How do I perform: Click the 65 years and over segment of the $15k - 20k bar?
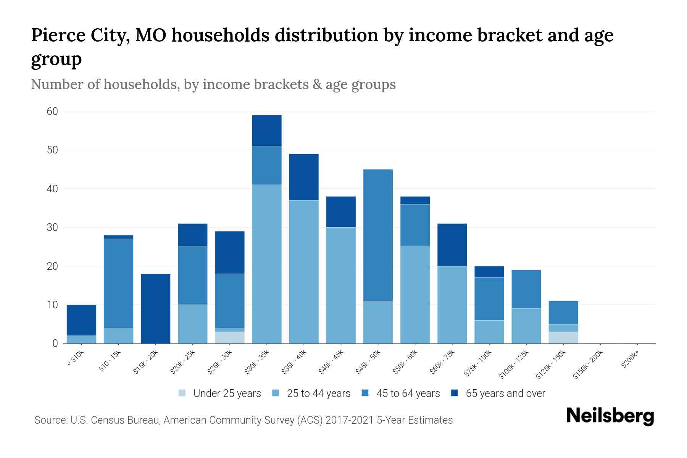pyautogui.click(x=155, y=308)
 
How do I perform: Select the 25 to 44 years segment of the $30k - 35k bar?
pyautogui.click(x=267, y=264)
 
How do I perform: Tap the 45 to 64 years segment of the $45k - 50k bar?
pyautogui.click(x=378, y=235)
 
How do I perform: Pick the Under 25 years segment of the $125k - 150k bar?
pyautogui.click(x=563, y=338)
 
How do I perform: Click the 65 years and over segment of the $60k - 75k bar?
pyautogui.click(x=452, y=245)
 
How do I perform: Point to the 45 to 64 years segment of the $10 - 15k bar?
pyautogui.click(x=118, y=283)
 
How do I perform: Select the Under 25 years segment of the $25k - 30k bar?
pyautogui.click(x=230, y=338)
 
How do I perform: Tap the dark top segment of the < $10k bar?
pyautogui.click(x=81, y=320)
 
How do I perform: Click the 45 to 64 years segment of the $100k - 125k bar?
pyautogui.click(x=526, y=289)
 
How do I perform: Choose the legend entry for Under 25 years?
pyautogui.click(x=220, y=393)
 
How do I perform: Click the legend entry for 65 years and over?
pyautogui.click(x=498, y=393)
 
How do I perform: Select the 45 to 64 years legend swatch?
pyautogui.click(x=366, y=393)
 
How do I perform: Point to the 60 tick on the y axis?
pyautogui.click(x=52, y=111)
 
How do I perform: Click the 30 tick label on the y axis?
pyautogui.click(x=52, y=227)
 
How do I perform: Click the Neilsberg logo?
pyautogui.click(x=610, y=416)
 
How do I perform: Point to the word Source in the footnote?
pyautogui.click(x=50, y=420)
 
